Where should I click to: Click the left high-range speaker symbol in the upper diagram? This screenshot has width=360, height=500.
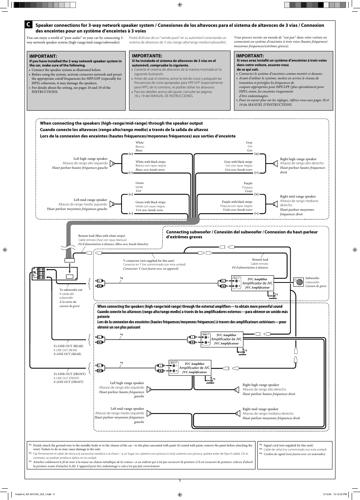(x=112, y=164)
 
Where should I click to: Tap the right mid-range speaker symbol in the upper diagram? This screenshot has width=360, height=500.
(x=275, y=204)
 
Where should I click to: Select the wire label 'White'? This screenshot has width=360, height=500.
(x=140, y=142)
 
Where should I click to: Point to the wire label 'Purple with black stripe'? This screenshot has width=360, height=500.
(x=237, y=202)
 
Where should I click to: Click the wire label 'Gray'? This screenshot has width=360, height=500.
(x=249, y=142)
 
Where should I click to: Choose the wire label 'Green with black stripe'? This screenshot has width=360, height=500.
(x=150, y=202)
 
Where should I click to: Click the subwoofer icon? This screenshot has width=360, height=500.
(x=299, y=282)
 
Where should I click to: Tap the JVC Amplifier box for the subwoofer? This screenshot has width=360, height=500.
(x=257, y=283)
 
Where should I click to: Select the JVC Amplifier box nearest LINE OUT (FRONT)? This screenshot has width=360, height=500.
(x=194, y=367)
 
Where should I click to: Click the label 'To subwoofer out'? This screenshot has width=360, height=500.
(x=71, y=290)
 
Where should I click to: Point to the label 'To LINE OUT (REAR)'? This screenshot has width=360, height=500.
(x=68, y=346)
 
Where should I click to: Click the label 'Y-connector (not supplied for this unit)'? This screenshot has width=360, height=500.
(x=149, y=261)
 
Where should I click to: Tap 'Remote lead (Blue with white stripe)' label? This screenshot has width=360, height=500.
(x=102, y=236)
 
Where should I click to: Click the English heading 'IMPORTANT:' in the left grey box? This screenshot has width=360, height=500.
(x=43, y=56)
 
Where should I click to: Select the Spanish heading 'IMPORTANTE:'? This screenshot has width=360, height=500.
(x=147, y=56)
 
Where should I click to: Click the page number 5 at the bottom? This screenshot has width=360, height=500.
(x=180, y=480)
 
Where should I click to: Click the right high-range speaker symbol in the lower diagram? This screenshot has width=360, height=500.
(x=237, y=389)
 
